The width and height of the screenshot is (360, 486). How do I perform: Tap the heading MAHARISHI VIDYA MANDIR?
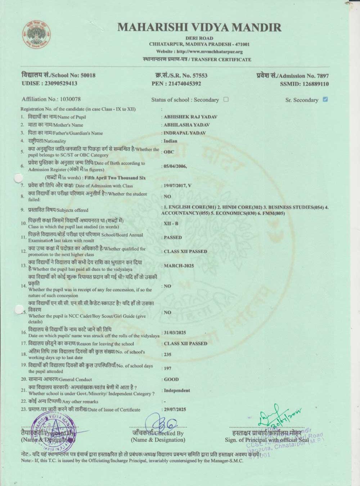(199, 27)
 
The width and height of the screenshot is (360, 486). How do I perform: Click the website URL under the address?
(199, 52)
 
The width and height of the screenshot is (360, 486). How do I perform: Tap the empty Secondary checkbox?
(226, 99)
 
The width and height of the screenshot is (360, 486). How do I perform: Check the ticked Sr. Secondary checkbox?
(325, 99)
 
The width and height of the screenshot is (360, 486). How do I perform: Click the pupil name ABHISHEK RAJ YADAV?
(190, 117)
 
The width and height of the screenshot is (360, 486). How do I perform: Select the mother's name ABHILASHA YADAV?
(186, 125)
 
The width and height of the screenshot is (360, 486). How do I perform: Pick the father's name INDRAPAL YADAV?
(185, 133)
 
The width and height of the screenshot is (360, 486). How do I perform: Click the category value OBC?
(169, 152)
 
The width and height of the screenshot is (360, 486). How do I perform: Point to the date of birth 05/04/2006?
(175, 166)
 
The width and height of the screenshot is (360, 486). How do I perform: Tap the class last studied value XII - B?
(171, 224)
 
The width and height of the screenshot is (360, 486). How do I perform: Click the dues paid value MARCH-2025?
(179, 266)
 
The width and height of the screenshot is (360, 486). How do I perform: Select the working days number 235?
(167, 355)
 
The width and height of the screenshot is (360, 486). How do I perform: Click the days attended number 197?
(167, 368)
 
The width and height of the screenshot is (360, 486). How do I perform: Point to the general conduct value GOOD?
(171, 379)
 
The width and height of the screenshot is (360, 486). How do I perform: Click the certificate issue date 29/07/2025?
(175, 410)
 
